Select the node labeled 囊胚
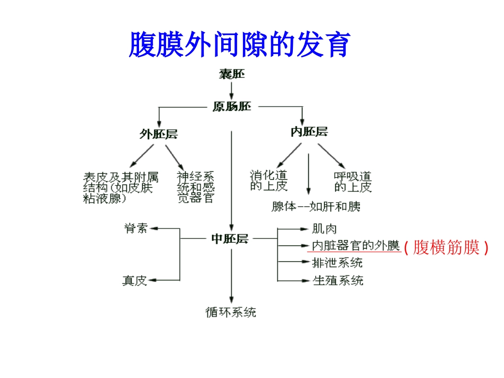point(232,74)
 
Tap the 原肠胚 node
point(232,107)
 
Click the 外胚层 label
point(159,134)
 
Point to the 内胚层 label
point(309,132)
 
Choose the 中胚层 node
point(230,239)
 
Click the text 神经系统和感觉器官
point(196,187)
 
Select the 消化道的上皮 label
point(269,181)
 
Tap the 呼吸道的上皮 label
point(353,181)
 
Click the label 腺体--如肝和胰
point(316,206)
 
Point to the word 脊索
point(136,228)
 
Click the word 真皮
point(135,280)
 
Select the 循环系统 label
point(231,312)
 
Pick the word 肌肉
point(325,229)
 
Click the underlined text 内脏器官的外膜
point(355,245)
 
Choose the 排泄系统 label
point(337,262)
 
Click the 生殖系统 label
point(338,280)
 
